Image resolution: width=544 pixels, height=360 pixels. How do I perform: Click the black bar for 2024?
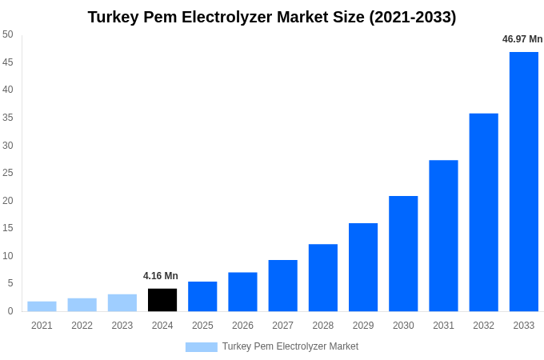click(x=162, y=300)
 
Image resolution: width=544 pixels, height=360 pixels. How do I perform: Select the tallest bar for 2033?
click(x=524, y=182)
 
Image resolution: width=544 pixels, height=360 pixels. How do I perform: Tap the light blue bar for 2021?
click(x=42, y=306)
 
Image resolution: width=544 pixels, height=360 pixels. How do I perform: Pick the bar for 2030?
click(x=403, y=254)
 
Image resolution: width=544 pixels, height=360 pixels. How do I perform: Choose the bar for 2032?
click(x=483, y=212)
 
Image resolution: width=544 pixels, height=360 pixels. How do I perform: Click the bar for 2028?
click(x=323, y=278)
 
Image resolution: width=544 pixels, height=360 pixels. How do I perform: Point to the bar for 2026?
click(x=242, y=292)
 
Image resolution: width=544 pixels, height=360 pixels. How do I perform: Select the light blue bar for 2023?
click(x=122, y=303)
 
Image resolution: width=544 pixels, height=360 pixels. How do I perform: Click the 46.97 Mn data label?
click(x=522, y=39)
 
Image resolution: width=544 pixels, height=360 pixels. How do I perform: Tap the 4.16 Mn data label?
click(x=161, y=276)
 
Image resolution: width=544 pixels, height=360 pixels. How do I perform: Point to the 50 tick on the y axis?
click(x=8, y=34)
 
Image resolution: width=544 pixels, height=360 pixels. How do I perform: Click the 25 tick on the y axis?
click(x=8, y=173)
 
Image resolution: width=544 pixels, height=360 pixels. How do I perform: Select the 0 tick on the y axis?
click(x=10, y=311)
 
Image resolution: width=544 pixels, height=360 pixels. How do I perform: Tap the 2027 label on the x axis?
click(x=282, y=326)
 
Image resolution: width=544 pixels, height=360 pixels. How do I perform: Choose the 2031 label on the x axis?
click(x=443, y=326)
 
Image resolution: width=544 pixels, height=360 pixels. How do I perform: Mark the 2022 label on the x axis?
click(x=82, y=326)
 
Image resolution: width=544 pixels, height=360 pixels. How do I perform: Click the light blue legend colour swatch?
click(x=202, y=347)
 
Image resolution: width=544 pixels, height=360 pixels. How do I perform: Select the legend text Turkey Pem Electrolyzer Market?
click(x=290, y=346)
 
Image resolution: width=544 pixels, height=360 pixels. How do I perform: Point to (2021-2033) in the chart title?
click(x=413, y=17)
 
